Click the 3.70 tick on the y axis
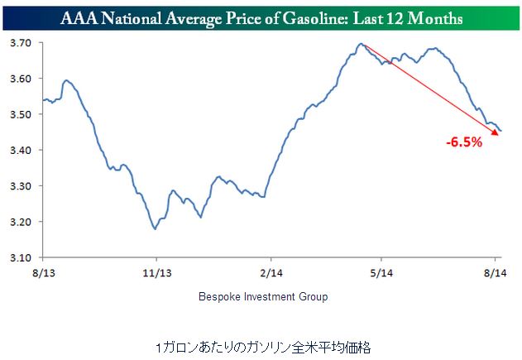[x=20, y=42]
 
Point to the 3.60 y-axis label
[x=20, y=79]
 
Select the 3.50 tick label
[x=20, y=114]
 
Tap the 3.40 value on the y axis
[x=20, y=150]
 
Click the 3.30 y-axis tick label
[x=20, y=186]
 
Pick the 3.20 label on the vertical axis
[x=20, y=222]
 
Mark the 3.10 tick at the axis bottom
[x=20, y=257]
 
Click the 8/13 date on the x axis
[x=42, y=271]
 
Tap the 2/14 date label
[x=267, y=271]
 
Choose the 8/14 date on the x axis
[x=494, y=271]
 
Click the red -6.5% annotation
[x=464, y=143]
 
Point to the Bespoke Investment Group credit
[x=263, y=295]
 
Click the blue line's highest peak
[x=361, y=44]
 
